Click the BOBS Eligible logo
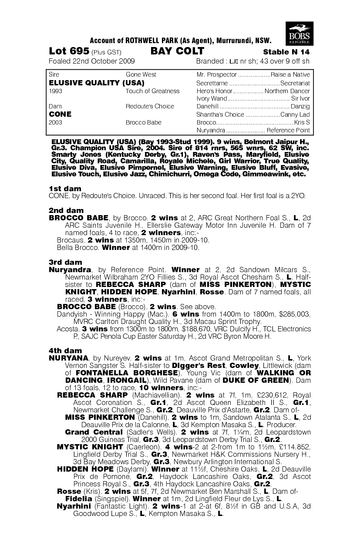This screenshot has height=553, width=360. [x=299, y=33]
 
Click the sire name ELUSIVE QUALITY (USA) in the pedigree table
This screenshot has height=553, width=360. [x=97, y=83]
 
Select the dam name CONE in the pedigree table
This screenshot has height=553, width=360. [x=60, y=114]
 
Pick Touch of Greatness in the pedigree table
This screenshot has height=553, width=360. [x=152, y=91]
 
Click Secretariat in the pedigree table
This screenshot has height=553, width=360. [x=295, y=83]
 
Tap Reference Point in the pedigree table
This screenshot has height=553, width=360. [x=288, y=130]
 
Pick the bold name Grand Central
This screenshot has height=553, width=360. [x=94, y=432]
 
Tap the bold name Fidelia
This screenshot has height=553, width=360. [x=79, y=498]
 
